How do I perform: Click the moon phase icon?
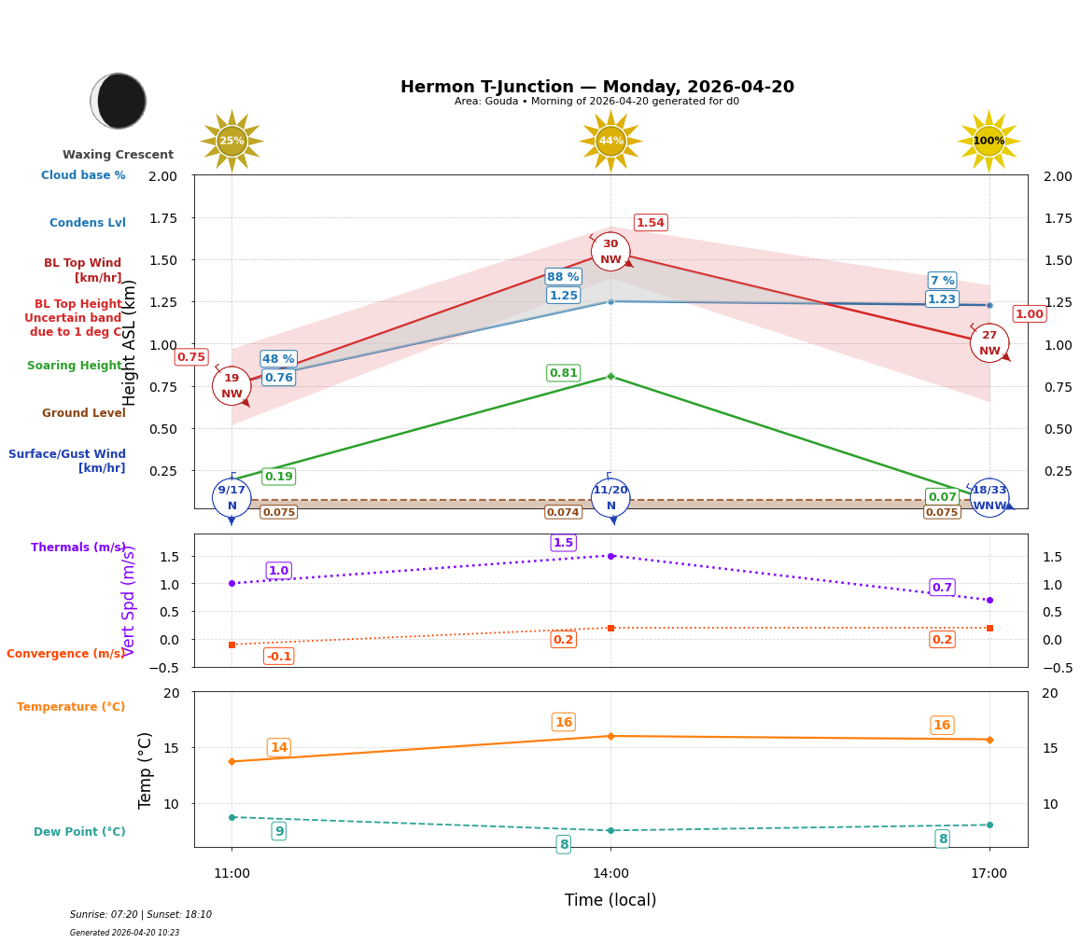119,101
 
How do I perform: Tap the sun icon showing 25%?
231,141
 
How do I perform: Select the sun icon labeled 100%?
989,141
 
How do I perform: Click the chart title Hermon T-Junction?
596,87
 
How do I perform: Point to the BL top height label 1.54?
650,223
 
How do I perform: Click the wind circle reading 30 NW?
610,252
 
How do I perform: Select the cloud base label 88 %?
563,277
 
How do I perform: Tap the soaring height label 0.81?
563,373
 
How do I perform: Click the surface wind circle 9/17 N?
231,498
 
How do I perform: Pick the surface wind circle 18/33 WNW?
989,498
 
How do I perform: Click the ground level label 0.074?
563,512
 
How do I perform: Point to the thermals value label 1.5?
563,543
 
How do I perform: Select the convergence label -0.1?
278,657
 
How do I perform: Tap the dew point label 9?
278,831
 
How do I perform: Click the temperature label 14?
278,748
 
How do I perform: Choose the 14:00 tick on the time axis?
610,874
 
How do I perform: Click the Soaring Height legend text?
75,366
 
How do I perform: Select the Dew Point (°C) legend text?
79,832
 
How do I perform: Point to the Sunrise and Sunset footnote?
141,915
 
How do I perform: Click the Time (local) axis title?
610,900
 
